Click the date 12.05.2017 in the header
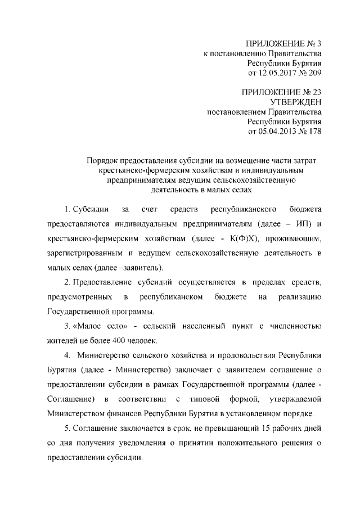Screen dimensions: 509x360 point(280,73)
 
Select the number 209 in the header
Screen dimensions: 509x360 point(314,73)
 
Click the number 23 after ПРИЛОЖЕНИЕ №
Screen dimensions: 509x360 point(316,91)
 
